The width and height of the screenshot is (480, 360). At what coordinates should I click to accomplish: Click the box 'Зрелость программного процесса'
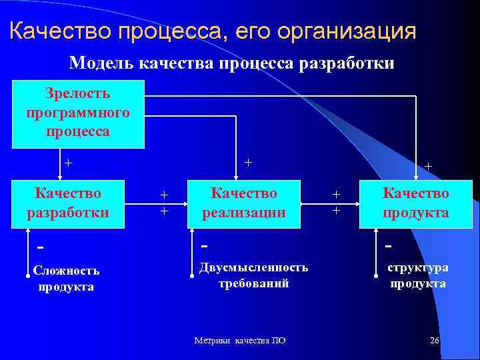click(x=78, y=113)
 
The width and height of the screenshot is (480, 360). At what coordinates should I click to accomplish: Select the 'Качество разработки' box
click(x=69, y=203)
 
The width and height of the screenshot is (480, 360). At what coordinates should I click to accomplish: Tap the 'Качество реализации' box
click(x=244, y=203)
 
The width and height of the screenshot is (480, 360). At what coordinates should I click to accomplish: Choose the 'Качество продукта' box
click(x=415, y=203)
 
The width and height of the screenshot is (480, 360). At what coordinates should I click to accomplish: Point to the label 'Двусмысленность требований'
click(x=253, y=275)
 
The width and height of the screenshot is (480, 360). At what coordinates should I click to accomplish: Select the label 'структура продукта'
click(x=418, y=275)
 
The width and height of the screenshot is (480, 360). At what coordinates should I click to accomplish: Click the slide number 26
click(x=435, y=341)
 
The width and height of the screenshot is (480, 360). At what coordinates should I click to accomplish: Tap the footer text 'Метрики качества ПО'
click(x=239, y=341)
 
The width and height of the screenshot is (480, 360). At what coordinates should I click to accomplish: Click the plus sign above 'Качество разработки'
click(x=68, y=163)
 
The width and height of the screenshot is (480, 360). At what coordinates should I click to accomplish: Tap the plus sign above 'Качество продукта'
click(x=428, y=166)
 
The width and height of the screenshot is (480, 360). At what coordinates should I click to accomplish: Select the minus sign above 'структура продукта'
click(x=389, y=245)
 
